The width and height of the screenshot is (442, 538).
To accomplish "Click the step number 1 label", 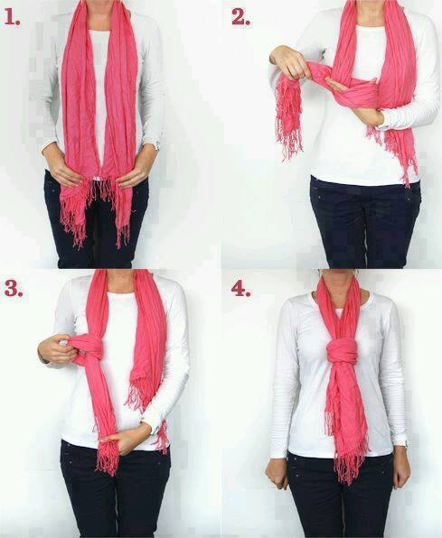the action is coord(12,18).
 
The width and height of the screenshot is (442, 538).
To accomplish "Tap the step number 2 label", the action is coord(240,17).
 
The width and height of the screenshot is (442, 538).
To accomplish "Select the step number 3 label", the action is coord(14,289).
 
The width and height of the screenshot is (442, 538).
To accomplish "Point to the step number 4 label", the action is coord(241,289).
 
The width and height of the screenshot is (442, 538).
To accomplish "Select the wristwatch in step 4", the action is coord(406,443).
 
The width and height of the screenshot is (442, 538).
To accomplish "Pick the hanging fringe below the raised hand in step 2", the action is coord(288,118).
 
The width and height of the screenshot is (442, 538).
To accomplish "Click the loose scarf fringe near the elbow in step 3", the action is coord(139,394).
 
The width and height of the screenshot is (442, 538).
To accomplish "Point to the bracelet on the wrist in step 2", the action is coord(381,125).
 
